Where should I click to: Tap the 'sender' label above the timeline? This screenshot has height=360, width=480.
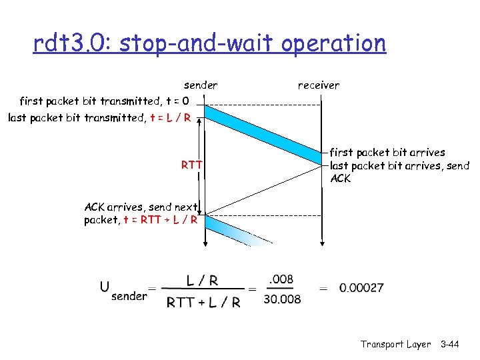point(200,85)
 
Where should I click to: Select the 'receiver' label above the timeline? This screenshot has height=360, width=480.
point(318,85)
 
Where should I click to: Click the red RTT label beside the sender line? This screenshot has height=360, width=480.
point(192,165)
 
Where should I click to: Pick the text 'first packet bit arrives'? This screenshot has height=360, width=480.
point(387,153)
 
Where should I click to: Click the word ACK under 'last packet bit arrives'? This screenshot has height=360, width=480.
point(340,179)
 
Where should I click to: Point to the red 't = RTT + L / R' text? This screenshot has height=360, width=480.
point(160,220)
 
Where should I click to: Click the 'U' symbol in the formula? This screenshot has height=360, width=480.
point(105,287)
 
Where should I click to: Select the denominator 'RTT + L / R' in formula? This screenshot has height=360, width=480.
point(203,302)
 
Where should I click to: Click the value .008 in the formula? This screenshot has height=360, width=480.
point(281,279)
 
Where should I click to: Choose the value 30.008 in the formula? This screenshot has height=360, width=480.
point(282,299)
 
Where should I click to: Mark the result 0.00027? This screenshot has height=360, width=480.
point(361,289)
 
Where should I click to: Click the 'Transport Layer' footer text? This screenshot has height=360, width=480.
point(395,344)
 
